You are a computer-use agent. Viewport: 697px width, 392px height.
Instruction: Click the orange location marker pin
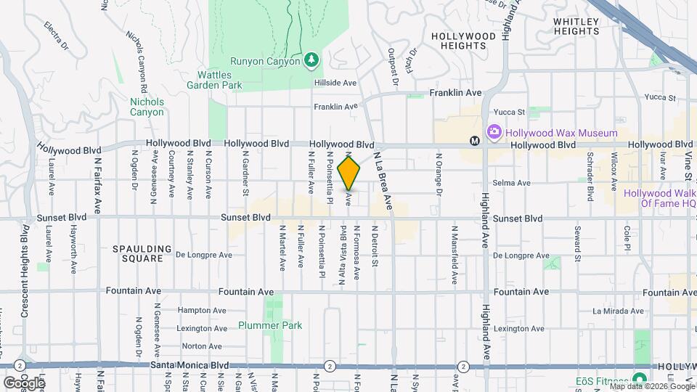(349, 173)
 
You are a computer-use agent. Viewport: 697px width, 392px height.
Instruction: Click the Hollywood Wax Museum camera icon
(494, 132)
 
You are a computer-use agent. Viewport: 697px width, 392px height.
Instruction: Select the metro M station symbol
(474, 141)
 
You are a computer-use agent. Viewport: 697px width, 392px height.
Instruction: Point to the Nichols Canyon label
(147, 107)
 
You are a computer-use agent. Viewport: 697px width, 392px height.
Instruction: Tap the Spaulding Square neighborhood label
(142, 253)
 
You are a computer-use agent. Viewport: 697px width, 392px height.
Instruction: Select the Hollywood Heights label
(458, 40)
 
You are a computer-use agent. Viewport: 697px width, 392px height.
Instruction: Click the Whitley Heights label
(576, 26)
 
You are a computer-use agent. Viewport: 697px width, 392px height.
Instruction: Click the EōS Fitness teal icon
(640, 379)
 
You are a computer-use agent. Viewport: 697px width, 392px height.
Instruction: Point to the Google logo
(23, 383)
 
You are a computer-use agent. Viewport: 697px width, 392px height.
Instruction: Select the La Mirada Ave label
(618, 311)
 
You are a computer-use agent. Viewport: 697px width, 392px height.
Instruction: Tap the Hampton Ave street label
(198, 309)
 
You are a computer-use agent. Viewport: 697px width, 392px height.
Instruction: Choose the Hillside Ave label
(336, 83)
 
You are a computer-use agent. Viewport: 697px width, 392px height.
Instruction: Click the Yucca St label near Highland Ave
(508, 113)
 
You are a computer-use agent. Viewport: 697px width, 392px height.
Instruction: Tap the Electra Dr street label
(55, 35)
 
